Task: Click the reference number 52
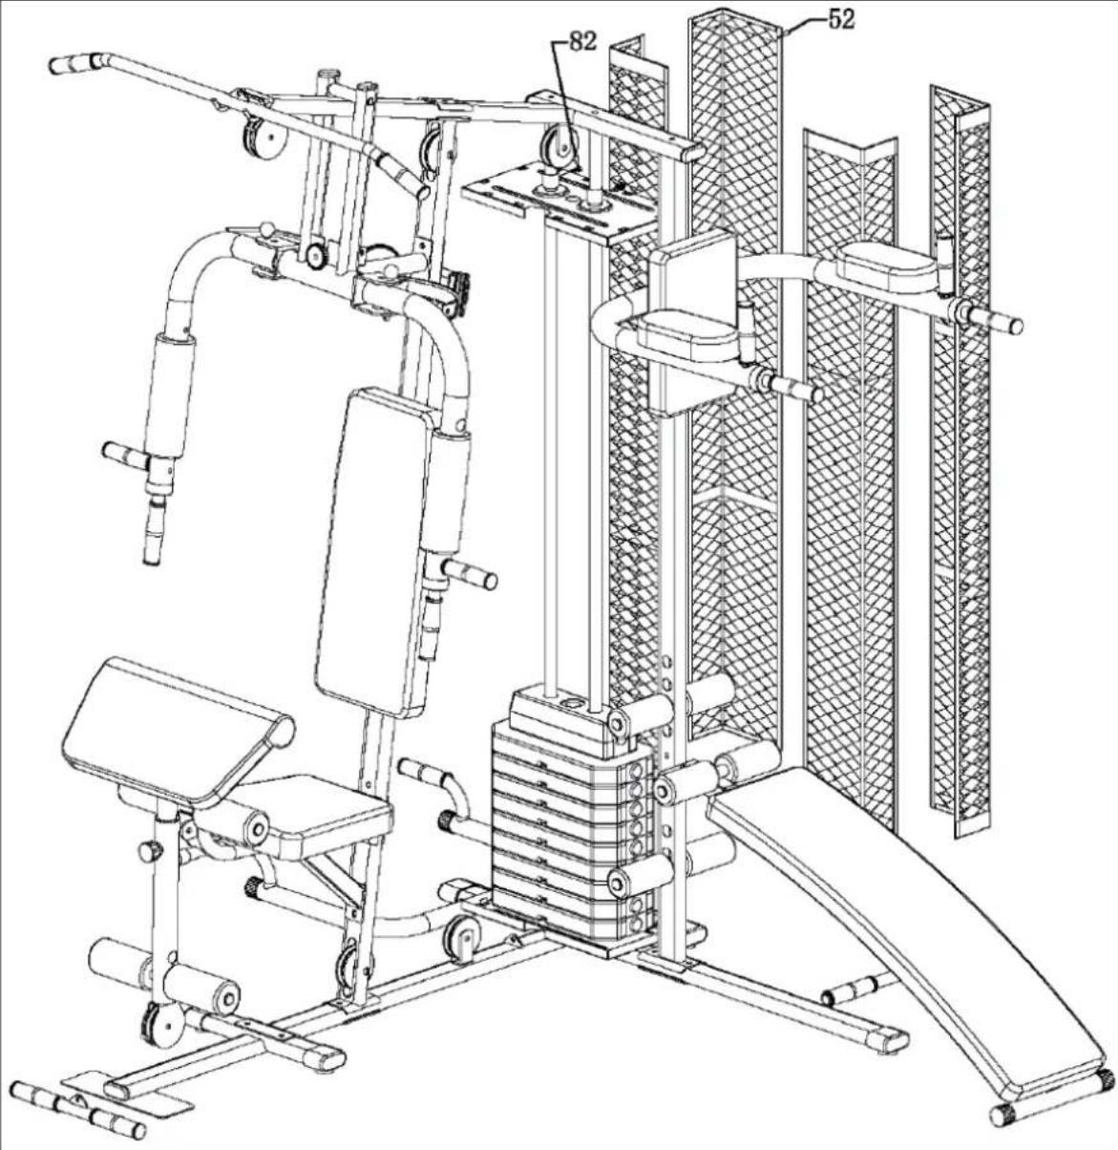tap(841, 19)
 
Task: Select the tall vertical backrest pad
tap(374, 549)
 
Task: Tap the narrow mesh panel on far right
tap(960, 458)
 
